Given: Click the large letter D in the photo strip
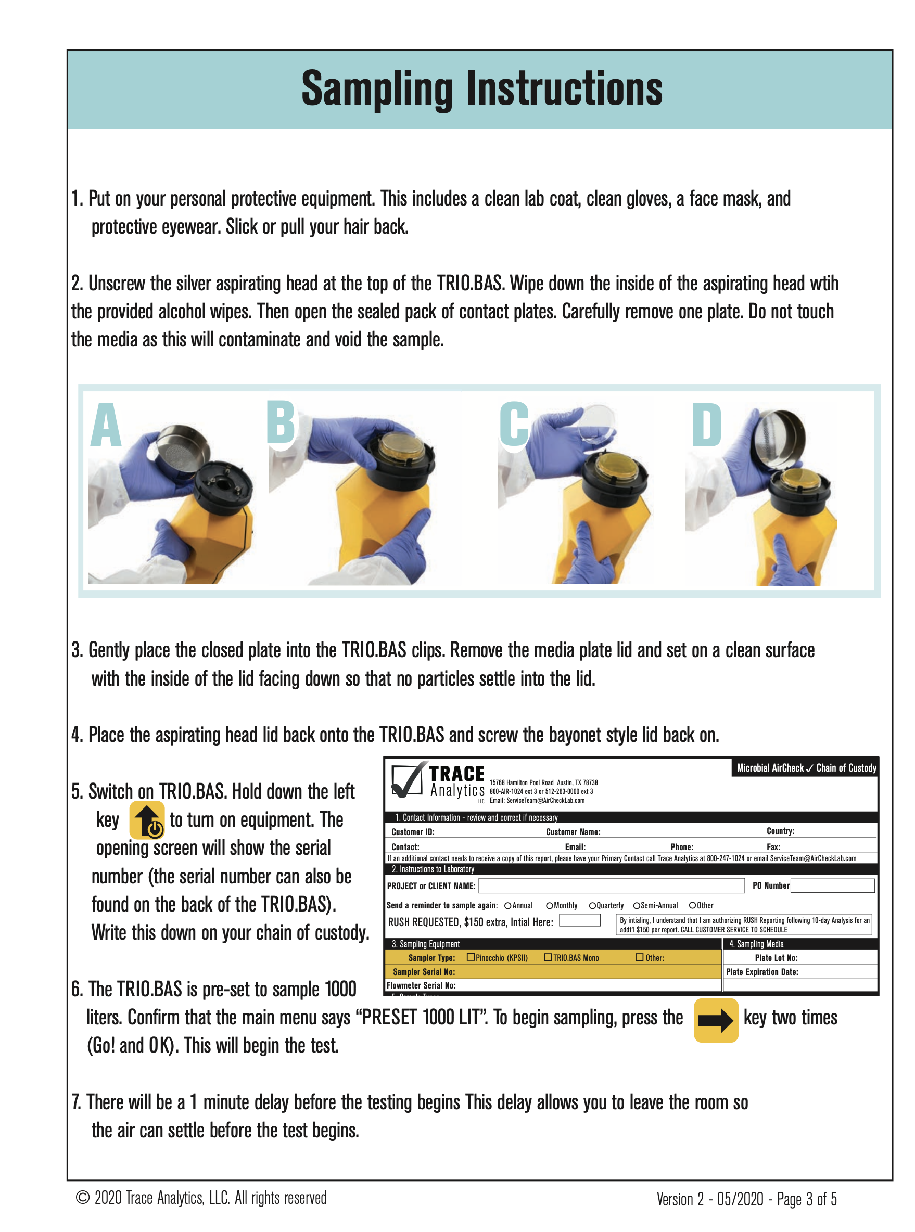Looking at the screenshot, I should click(706, 425).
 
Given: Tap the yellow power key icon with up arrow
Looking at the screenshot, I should click(147, 819).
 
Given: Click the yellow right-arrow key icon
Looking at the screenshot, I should click(716, 1020).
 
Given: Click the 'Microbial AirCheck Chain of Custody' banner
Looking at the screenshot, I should click(806, 768).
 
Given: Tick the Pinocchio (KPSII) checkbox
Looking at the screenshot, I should click(471, 957).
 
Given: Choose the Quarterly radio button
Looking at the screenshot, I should click(592, 905).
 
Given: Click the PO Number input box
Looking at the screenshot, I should click(832, 885).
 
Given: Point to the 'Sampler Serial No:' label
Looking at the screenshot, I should click(424, 972).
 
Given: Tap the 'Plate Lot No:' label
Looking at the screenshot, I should click(776, 957).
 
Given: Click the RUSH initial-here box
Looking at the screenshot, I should click(579, 920).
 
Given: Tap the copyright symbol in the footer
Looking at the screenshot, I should click(83, 1198).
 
